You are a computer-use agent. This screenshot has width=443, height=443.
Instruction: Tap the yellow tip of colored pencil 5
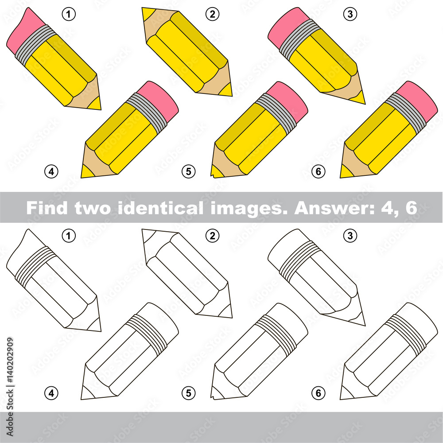pos(216,171)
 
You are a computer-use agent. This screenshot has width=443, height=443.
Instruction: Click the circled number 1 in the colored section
pos(68,15)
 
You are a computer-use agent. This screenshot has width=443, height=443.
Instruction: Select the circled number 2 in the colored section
pos(213,15)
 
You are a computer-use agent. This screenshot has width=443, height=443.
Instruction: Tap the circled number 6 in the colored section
pos(318,171)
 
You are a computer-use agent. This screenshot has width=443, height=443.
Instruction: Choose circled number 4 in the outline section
pos(51,392)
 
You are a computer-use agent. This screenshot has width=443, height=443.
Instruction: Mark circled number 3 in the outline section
pos(350,236)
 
